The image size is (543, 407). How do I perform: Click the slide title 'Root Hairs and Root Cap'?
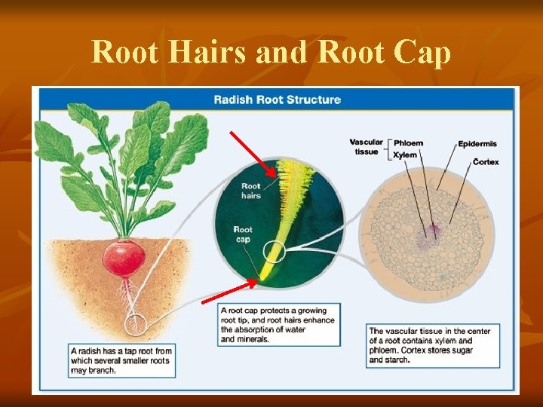coord(271,53)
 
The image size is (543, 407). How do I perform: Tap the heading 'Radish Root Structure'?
coord(277,99)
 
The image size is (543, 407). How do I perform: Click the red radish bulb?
coord(124,259)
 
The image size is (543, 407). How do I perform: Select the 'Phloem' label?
coord(408,143)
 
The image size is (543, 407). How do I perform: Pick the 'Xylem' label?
coord(405,155)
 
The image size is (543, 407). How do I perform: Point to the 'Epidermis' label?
coord(477,144)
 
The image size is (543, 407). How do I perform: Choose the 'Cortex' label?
coord(486,162)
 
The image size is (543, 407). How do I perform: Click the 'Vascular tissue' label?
coord(366,147)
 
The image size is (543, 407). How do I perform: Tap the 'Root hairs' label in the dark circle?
coord(250,191)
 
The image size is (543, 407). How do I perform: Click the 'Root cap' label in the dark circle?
coord(243,234)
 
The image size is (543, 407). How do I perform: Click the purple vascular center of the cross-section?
coord(433,231)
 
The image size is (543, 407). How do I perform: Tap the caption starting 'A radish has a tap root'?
coord(121,360)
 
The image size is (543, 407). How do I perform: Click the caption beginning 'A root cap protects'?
coord(278,324)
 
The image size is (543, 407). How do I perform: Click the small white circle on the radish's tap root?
coord(137,326)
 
